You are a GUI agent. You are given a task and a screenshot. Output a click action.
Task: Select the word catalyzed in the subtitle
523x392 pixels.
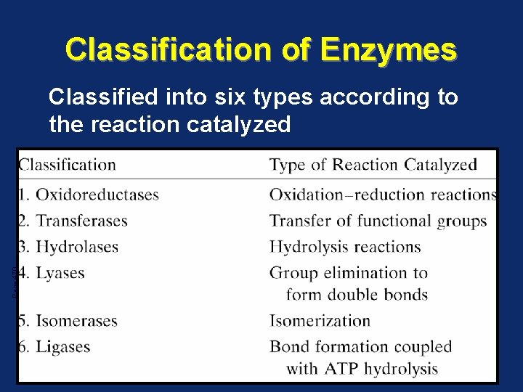click(x=230, y=124)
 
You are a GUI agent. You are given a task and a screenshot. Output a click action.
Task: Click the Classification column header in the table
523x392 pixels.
click(x=68, y=165)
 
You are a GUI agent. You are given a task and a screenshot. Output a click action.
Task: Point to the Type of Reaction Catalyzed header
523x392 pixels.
click(x=373, y=165)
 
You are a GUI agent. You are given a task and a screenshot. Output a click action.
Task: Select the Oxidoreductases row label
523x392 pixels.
click(x=97, y=195)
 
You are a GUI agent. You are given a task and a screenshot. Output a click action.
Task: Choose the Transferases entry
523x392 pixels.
click(x=81, y=221)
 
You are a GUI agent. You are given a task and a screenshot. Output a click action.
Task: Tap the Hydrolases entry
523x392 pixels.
click(x=76, y=247)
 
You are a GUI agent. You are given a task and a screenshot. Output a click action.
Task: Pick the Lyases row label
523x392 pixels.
click(x=60, y=273)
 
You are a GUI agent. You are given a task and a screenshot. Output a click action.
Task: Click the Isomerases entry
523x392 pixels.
click(x=76, y=320)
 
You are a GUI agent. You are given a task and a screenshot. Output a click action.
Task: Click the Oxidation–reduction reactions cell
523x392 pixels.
click(x=382, y=195)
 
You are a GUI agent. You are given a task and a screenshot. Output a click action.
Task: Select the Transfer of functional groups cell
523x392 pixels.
click(x=378, y=221)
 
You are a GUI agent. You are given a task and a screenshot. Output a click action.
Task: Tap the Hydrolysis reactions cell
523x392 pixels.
click(x=345, y=247)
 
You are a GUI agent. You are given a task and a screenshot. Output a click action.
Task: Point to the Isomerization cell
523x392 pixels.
click(x=320, y=320)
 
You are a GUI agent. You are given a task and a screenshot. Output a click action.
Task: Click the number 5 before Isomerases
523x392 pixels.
click(x=23, y=320)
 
